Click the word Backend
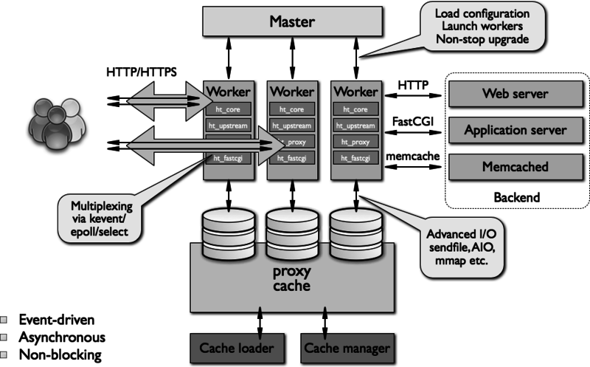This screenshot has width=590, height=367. [516, 197]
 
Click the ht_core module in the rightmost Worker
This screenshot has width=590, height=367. [354, 109]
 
